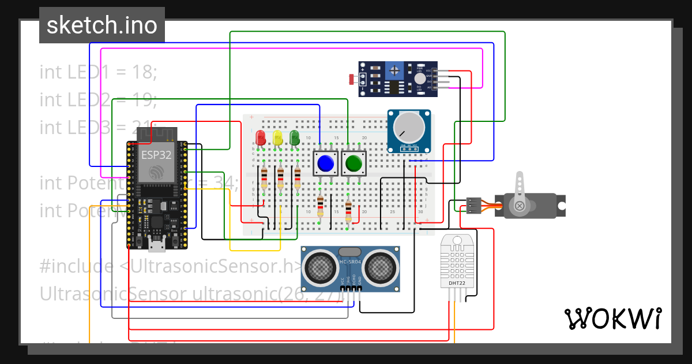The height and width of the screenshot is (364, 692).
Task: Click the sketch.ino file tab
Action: click(101, 25)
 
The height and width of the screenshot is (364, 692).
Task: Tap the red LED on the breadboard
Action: click(261, 138)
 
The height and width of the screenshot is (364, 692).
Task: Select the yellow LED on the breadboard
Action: click(277, 138)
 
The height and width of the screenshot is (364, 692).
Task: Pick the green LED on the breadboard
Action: click(295, 138)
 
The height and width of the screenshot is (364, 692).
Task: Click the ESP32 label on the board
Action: click(155, 155)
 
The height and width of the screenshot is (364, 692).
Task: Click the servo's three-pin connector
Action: click(474, 205)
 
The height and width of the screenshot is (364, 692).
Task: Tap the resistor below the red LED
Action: click(264, 178)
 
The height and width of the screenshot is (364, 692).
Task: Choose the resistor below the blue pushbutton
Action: click(321, 206)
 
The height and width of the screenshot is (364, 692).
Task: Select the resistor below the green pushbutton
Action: click(348, 211)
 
